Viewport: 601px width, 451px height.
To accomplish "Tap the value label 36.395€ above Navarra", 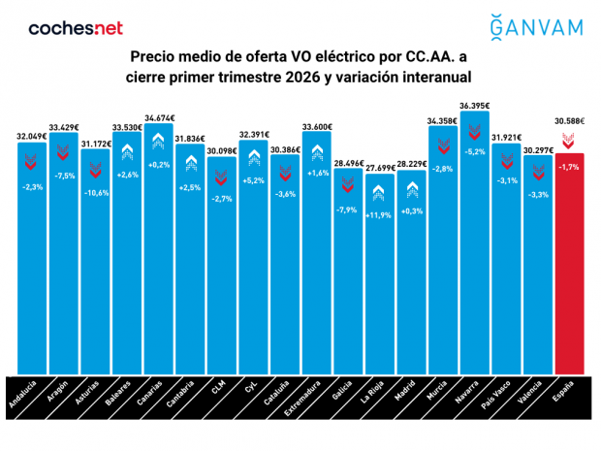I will [x=474, y=105].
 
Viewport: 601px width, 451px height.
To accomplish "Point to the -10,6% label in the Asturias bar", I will [x=95, y=192].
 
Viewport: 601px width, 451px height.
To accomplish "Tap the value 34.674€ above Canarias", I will [x=158, y=117].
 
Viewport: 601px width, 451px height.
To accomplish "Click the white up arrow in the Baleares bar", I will [x=126, y=152].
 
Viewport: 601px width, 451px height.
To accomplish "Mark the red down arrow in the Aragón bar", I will [x=63, y=152].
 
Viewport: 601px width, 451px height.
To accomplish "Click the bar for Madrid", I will [x=411, y=291].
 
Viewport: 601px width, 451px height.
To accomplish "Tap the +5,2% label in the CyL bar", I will [x=253, y=180].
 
